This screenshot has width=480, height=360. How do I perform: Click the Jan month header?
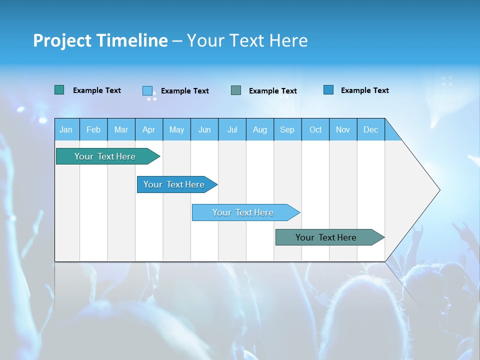tap(66, 129)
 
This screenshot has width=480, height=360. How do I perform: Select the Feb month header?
tap(93, 129)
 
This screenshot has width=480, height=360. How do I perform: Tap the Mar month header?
tap(121, 129)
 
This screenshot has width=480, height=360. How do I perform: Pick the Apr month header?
tap(149, 129)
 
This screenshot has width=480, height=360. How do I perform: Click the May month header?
tap(176, 129)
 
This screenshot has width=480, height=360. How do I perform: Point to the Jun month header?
tap(204, 129)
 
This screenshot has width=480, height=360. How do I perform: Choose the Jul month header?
tap(232, 129)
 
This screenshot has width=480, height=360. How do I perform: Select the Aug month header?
tap(260, 129)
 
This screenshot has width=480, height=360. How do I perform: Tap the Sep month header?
tap(287, 129)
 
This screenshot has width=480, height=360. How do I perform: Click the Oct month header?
tap(315, 129)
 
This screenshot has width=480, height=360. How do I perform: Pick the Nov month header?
tap(343, 129)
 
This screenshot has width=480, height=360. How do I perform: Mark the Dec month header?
tap(371, 129)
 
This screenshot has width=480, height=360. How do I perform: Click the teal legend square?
tap(59, 90)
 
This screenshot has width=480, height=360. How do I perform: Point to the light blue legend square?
tap(147, 90)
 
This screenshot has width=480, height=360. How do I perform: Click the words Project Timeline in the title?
tap(100, 40)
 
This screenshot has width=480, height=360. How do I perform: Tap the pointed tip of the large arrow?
tap(438, 190)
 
